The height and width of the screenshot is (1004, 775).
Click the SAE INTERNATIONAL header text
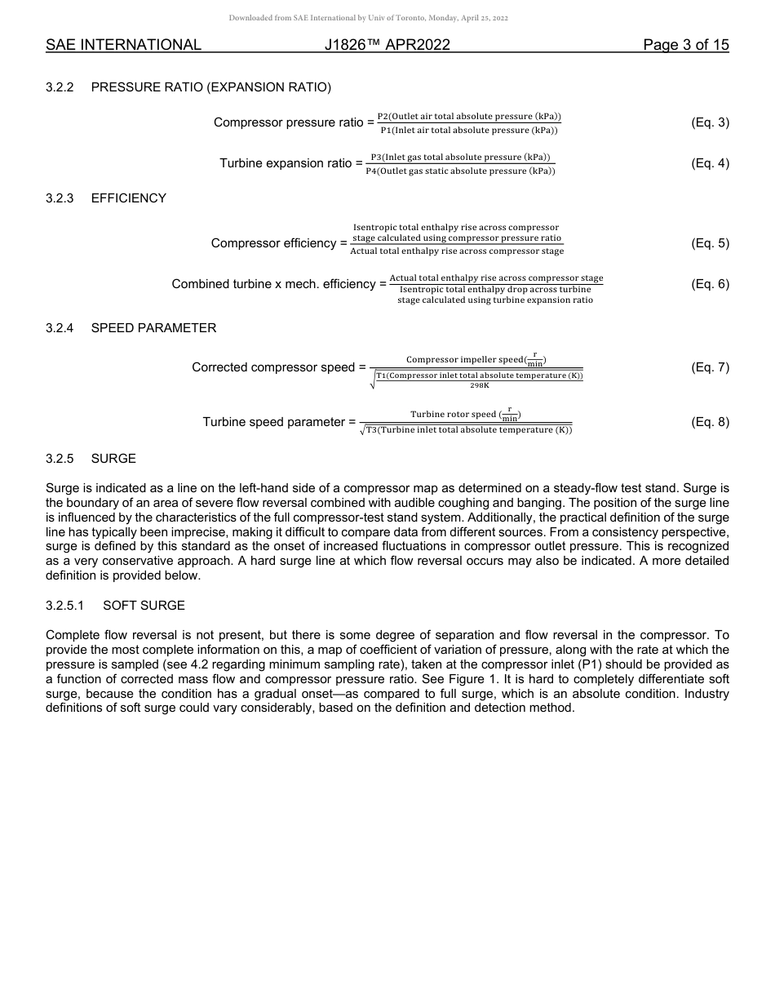coord(123,45)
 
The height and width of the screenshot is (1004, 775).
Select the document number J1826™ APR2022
coord(387,45)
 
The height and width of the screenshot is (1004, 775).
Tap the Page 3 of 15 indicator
coord(685,45)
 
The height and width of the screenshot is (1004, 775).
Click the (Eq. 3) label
coord(710,122)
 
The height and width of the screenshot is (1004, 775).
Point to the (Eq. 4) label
coord(710,163)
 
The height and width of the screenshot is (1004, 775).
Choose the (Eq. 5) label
coord(710,243)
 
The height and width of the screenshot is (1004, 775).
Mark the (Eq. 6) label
coord(710,284)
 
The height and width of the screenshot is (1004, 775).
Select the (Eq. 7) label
coord(710,367)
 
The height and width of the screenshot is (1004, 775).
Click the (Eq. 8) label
coord(710,422)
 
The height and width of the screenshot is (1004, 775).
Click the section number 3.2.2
coord(60,87)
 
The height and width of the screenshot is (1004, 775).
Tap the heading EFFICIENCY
coord(128,198)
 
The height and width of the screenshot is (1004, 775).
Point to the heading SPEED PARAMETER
coord(153,328)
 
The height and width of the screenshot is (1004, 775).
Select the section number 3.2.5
coord(60,459)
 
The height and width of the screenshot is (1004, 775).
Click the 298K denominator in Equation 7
coord(480,385)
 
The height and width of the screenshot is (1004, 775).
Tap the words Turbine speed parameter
coord(274,422)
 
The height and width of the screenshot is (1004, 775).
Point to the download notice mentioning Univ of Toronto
coord(368,17)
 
